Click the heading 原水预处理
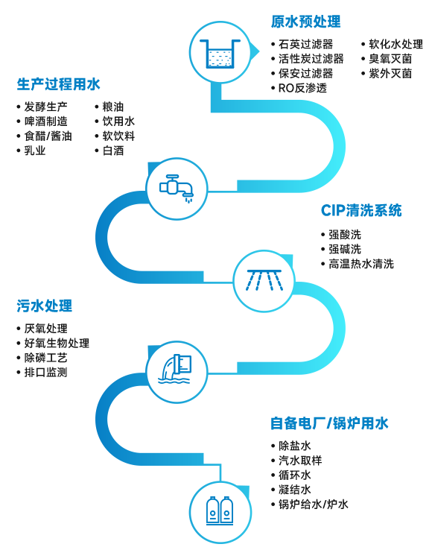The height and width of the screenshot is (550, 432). (x=305, y=22)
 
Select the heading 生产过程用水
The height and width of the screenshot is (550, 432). (x=59, y=84)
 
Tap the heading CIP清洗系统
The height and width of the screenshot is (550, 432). (x=361, y=210)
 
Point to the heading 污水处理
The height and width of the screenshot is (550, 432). (x=45, y=306)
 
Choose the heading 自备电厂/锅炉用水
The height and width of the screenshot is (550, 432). (x=329, y=423)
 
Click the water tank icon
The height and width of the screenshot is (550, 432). (x=220, y=54)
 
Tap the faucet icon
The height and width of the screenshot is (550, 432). (x=177, y=188)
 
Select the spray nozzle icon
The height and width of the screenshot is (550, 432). (x=264, y=280)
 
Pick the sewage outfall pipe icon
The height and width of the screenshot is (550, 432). (x=175, y=369)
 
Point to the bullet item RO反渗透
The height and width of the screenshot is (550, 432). (x=302, y=88)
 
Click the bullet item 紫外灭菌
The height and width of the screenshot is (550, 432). (x=390, y=73)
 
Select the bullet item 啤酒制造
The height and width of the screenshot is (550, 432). (x=46, y=121)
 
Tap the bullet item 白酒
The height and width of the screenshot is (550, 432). (x=113, y=151)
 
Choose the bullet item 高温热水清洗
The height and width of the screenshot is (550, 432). (x=361, y=264)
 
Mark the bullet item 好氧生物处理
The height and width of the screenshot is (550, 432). (x=57, y=343)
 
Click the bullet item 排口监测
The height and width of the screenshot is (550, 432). (x=46, y=372)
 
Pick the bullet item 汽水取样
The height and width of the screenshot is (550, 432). (x=300, y=461)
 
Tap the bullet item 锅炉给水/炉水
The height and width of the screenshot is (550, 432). (x=313, y=504)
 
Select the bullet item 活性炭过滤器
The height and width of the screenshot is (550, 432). (x=311, y=59)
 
